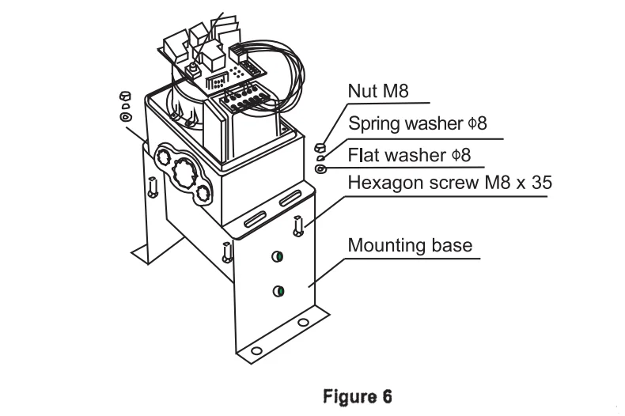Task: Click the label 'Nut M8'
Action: [377, 92]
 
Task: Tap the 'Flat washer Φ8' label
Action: [409, 155]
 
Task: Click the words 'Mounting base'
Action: [409, 245]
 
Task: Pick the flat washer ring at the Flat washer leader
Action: [320, 168]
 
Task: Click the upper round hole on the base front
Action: [278, 255]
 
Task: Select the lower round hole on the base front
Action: [278, 292]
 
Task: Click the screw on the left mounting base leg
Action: [153, 187]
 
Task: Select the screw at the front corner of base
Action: [227, 252]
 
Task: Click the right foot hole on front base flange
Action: [303, 323]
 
